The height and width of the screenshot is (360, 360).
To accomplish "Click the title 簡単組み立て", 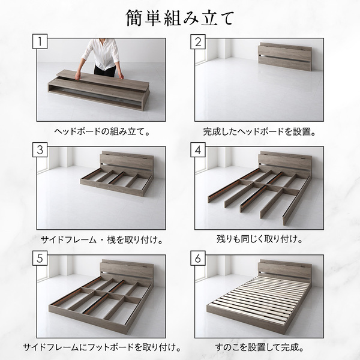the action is coord(180,18).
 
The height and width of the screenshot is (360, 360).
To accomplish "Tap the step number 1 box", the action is coord(40,41).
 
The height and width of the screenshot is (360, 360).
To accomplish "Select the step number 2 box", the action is coord(198,41).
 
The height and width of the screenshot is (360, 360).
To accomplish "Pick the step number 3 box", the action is coord(40,149).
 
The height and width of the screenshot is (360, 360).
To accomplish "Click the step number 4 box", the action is coord(198,149).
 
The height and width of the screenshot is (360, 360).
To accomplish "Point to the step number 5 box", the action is coord(40,258).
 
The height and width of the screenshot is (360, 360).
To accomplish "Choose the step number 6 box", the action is coord(198,258).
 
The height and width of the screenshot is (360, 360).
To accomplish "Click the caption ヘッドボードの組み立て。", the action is coord(102,131).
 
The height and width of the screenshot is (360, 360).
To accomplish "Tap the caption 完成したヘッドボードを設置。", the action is coord(259,131).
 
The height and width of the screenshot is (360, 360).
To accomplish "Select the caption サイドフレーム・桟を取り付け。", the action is coord(102,240).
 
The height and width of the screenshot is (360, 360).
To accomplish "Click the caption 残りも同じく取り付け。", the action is coord(259,239).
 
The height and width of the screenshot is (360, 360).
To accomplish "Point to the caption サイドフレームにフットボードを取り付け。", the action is coord(102,347).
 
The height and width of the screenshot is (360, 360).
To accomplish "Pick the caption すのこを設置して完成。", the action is coord(259,347).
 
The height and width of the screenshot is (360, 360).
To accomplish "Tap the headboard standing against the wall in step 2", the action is coord(284,56).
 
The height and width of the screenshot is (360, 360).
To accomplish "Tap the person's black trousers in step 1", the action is coord(105,71).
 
